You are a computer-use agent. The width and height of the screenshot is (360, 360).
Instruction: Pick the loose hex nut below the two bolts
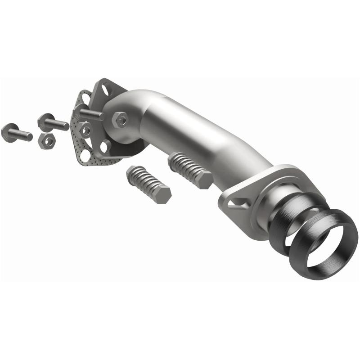[46, 140]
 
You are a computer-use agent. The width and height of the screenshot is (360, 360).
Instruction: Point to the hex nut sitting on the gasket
[85, 130]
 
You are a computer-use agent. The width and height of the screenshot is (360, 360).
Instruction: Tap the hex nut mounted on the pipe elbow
[120, 120]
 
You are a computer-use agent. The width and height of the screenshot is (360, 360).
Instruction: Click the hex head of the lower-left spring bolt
[162, 194]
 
